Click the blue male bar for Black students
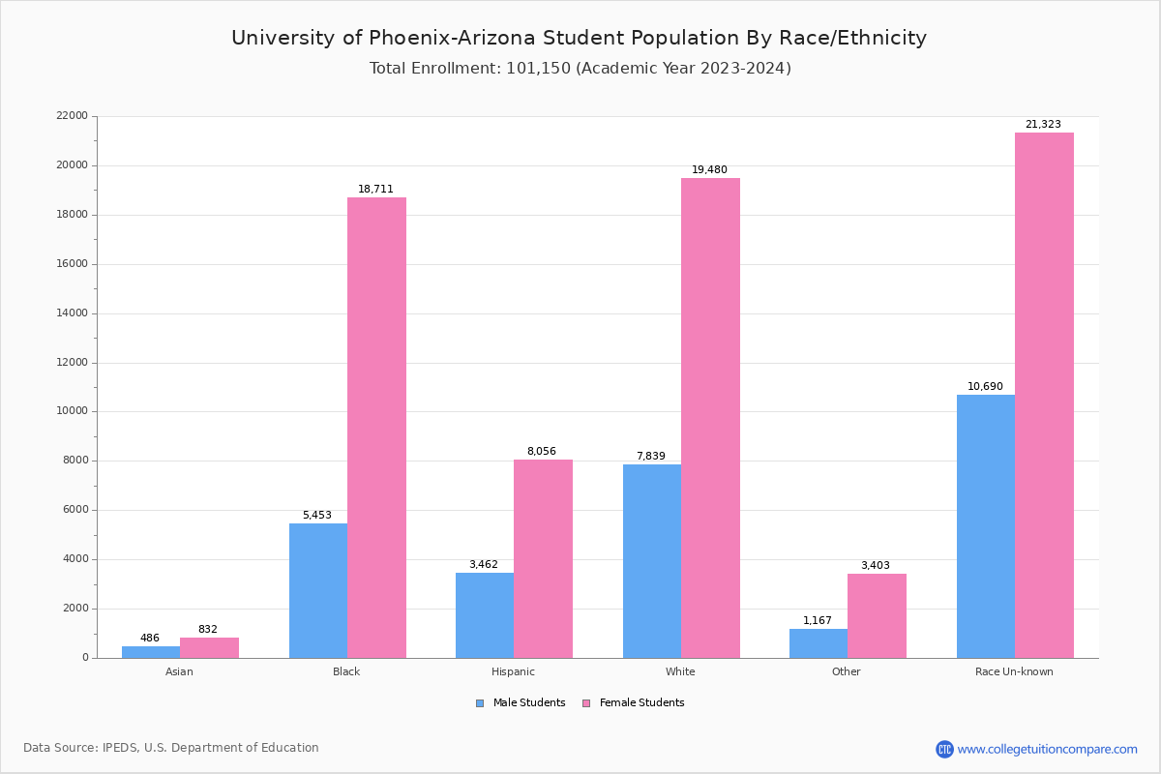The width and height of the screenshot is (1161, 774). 318,590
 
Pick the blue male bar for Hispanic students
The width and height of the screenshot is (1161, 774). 485,615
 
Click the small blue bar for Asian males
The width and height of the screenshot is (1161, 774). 151,652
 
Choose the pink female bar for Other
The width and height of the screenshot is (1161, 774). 877,615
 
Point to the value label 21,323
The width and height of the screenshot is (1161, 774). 1043,125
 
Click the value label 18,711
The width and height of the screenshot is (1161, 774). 375,190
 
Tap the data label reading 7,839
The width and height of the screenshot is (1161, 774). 650,457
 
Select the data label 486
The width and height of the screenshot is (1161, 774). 150,639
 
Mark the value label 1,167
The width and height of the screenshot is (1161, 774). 817,621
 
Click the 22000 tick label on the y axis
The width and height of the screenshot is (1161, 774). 73,116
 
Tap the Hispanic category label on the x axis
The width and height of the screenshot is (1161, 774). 513,671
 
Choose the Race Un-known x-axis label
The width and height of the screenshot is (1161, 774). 1014,671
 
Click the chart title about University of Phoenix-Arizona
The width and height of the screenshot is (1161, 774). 579,38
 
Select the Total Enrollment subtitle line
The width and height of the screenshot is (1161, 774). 580,69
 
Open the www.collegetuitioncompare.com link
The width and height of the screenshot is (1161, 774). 1047,749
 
